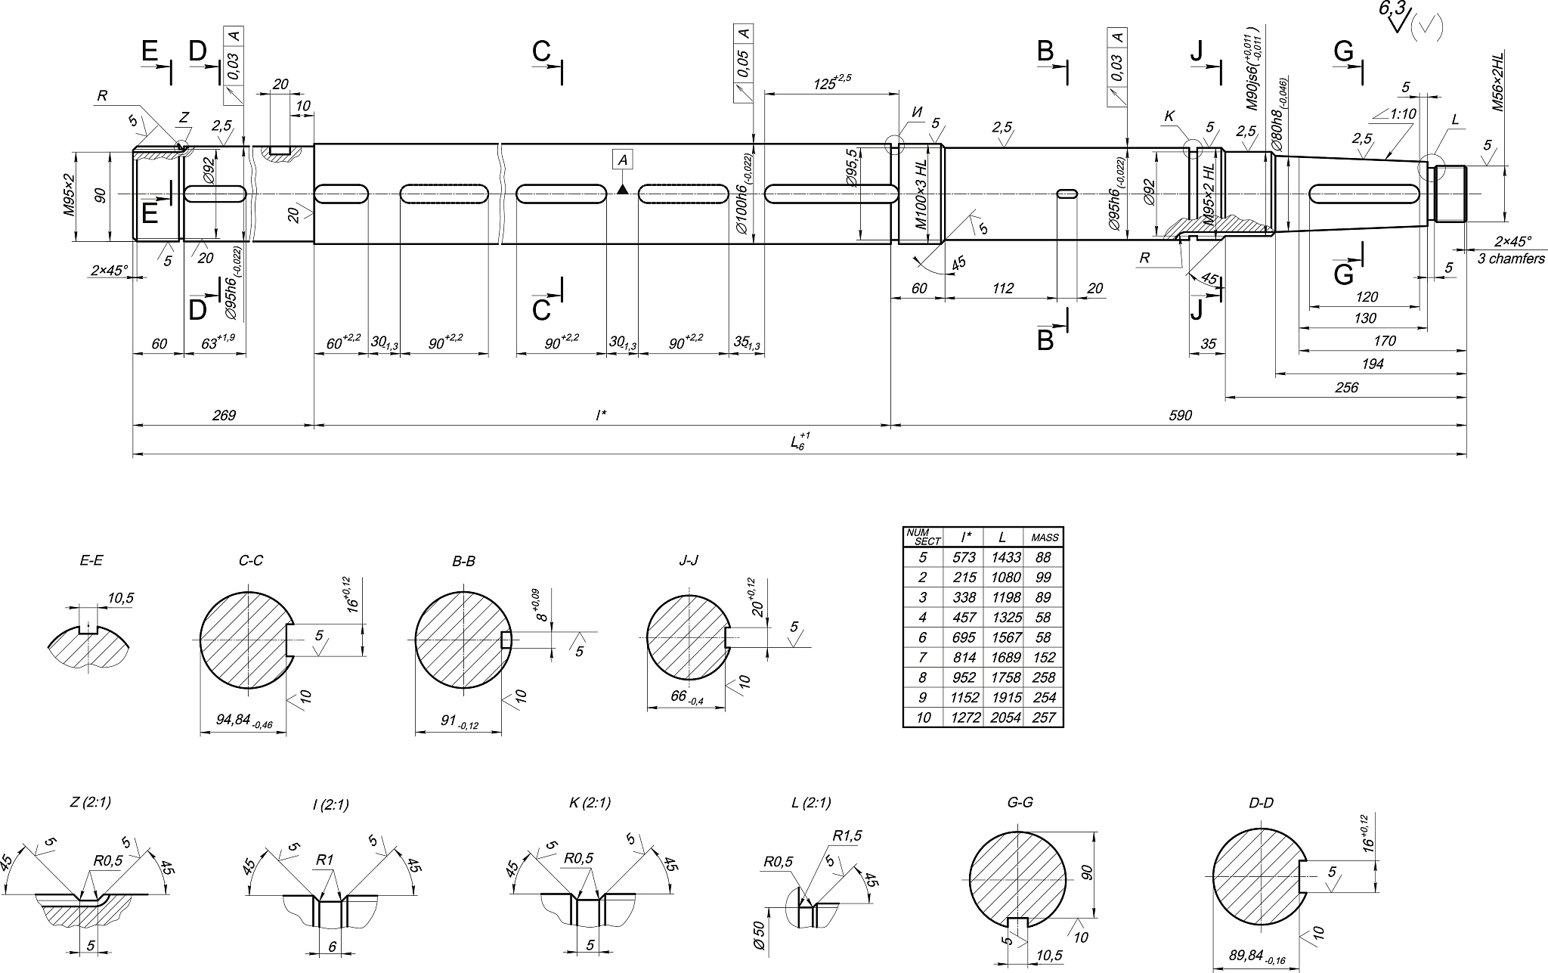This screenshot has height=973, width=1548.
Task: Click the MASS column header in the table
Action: point(1043,537)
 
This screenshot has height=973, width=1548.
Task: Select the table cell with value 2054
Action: point(1002,717)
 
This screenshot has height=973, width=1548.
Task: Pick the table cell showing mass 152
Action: point(1043,657)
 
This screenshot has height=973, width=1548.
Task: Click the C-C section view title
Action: point(250,561)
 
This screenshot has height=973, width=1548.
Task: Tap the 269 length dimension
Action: point(224,415)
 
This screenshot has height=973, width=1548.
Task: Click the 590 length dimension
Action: point(1180,415)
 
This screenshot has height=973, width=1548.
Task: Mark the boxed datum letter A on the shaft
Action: point(623,160)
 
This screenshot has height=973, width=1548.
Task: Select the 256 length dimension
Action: point(1346,388)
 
